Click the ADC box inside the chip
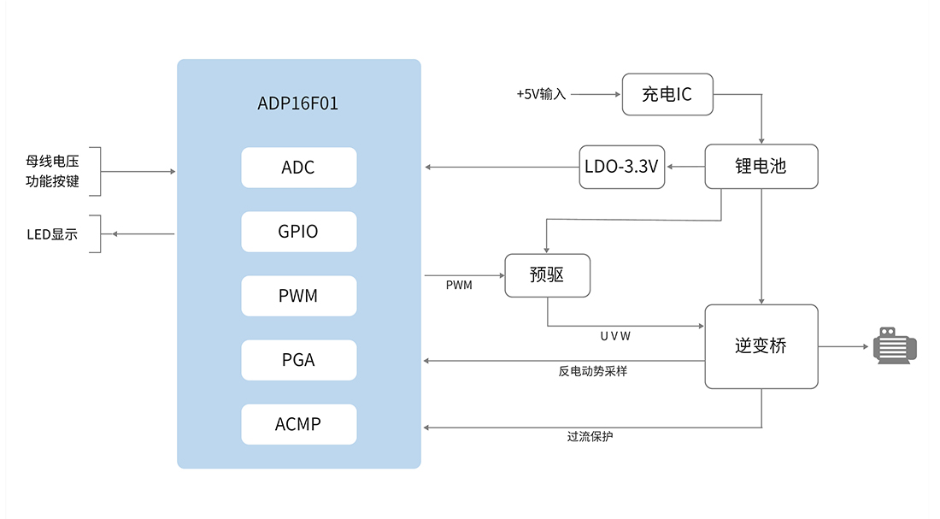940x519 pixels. coord(298,168)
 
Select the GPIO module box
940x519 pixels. coord(298,232)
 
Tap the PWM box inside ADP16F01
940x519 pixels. coord(298,296)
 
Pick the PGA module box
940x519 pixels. coord(298,360)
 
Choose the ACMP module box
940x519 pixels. coord(298,424)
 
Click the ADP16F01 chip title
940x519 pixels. coord(298,103)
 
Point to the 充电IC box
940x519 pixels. coord(667,94)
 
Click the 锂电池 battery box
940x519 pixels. coord(761,166)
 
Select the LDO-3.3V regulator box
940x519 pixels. coord(621,166)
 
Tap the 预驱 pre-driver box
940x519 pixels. coord(547,275)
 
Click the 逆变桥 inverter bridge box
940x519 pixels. coord(761,346)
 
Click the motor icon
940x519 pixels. coord(895,346)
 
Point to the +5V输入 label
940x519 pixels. coord(541,94)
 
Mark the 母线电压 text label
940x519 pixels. coord(52,160)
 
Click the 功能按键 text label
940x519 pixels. coord(52,181)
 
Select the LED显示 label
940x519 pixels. coord(52,234)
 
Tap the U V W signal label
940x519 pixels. coord(615,336)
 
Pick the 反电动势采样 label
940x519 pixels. coord(593,371)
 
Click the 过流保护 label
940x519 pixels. coord(590,436)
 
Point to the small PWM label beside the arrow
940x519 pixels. coord(459,285)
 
